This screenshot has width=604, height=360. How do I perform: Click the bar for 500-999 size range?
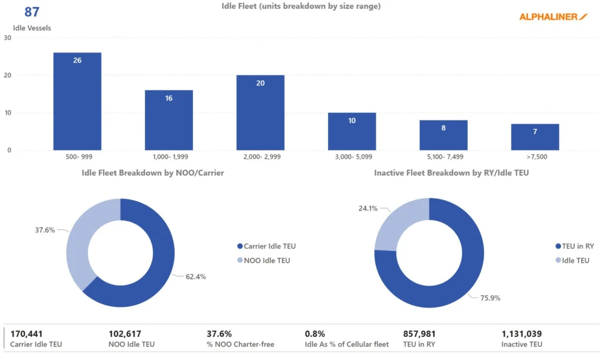77,102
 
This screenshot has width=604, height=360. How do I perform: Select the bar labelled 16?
169,120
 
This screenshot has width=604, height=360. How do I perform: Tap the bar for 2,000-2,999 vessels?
260,113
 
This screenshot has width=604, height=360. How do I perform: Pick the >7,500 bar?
535,137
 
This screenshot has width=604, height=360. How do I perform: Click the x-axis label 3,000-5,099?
352,159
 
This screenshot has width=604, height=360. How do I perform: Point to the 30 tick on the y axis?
8,38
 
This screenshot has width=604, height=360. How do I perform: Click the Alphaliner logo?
553,17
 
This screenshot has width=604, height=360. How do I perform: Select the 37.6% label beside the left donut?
45,231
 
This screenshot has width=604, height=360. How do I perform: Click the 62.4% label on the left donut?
195,276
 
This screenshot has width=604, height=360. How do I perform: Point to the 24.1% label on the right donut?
368,208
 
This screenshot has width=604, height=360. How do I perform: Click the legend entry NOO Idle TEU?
267,260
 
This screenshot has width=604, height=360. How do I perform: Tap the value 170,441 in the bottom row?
27,334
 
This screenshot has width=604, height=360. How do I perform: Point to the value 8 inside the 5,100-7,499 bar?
444,127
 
